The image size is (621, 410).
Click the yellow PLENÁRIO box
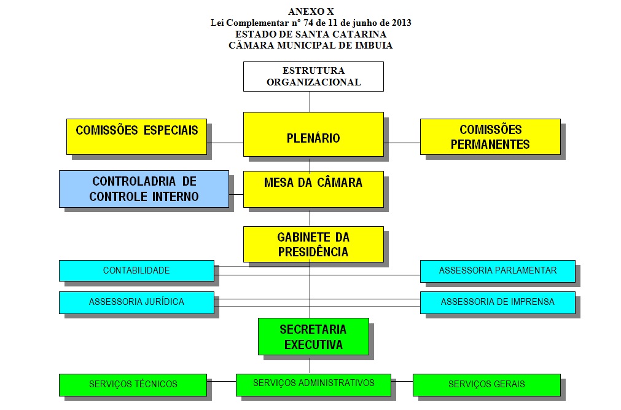click(x=313, y=138)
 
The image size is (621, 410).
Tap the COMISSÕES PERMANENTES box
click(x=490, y=136)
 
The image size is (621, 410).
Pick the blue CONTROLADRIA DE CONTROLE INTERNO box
click(x=144, y=189)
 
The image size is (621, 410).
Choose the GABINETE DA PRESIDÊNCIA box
click(x=313, y=244)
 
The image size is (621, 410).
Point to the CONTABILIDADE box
click(x=136, y=270)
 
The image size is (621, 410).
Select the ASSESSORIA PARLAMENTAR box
click(x=498, y=270)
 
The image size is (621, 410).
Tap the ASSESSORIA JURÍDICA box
click(x=136, y=302)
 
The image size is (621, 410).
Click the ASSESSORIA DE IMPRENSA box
click(x=498, y=302)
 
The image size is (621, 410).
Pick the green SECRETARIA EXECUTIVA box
click(x=313, y=336)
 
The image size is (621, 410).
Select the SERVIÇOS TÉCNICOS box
click(x=133, y=384)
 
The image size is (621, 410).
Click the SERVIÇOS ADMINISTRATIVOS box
click(x=313, y=383)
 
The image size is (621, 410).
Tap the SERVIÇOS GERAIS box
click(x=486, y=384)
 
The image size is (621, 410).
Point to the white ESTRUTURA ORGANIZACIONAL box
click(x=313, y=76)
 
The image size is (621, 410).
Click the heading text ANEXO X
click(x=311, y=12)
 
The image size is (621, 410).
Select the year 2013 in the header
click(x=400, y=23)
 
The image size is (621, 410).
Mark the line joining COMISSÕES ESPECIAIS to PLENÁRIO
click(x=225, y=143)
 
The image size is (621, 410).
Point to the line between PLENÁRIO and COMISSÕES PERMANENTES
click(x=402, y=143)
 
